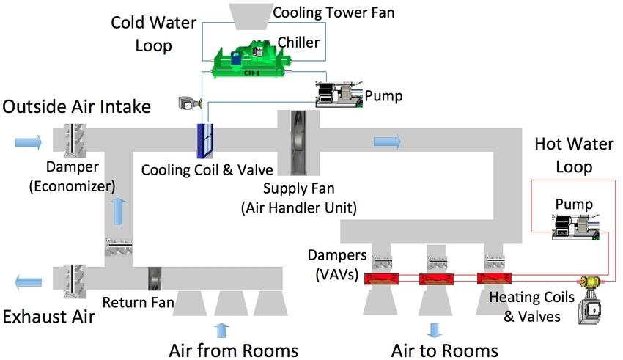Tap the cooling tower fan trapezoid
point(249,16)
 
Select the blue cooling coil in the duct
point(205,141)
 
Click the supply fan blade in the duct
point(298,143)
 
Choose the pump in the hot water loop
point(575,227)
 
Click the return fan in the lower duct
point(155,279)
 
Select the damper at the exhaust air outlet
point(74,282)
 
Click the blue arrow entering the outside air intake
point(28,142)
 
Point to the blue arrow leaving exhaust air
point(28,282)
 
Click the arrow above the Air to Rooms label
point(435,330)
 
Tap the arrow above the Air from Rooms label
point(221,331)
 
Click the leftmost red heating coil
point(381,278)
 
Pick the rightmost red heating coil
point(494,278)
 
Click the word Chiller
point(298,42)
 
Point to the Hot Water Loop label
point(574,155)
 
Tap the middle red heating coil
point(436,279)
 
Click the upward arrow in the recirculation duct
point(119,212)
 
